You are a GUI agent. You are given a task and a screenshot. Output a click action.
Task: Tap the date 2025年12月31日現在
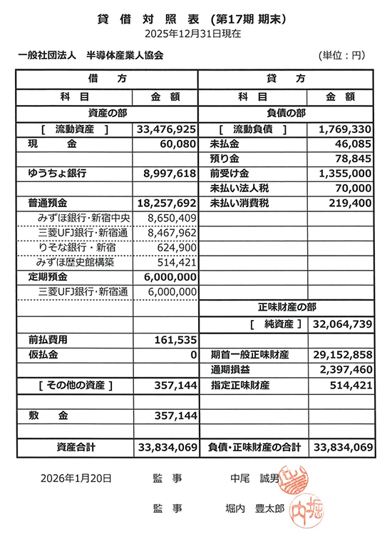(192, 33)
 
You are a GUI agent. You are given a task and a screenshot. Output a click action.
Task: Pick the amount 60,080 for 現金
(176, 144)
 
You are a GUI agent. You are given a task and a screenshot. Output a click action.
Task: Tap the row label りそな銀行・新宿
(76, 248)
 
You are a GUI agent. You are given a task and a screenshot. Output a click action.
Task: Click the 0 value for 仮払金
(193, 355)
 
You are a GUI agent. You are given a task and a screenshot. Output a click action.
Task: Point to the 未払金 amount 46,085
(351, 144)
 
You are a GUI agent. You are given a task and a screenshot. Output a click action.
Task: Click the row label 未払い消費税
(241, 204)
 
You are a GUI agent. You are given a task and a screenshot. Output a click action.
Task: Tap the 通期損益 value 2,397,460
(345, 370)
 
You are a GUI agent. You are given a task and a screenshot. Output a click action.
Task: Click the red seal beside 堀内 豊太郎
(299, 509)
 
